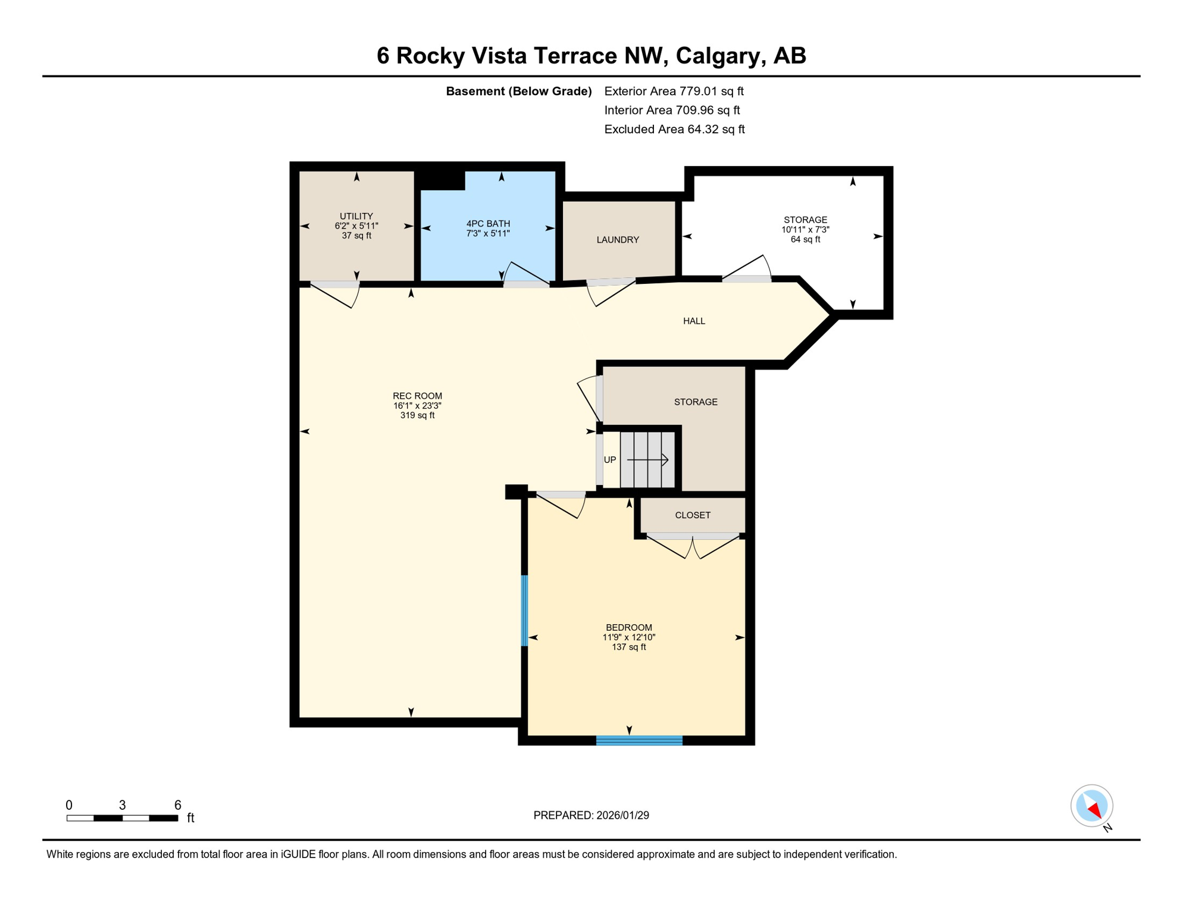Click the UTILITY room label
pos(356,216)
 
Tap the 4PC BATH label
pos(488,224)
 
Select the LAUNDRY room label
pos(618,240)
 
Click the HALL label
pos(694,321)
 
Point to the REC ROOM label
pos(417,396)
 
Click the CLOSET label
pos(693,515)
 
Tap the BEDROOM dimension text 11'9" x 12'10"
pos(629,637)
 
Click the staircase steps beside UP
pos(647,459)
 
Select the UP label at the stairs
pos(610,460)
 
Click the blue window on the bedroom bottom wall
pos(639,740)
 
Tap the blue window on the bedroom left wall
pos(524,611)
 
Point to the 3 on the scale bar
pos(122,806)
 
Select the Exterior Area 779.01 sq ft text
pos(674,91)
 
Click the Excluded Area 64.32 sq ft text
pos(674,129)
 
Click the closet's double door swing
pos(693,547)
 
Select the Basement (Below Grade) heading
pos(518,91)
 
